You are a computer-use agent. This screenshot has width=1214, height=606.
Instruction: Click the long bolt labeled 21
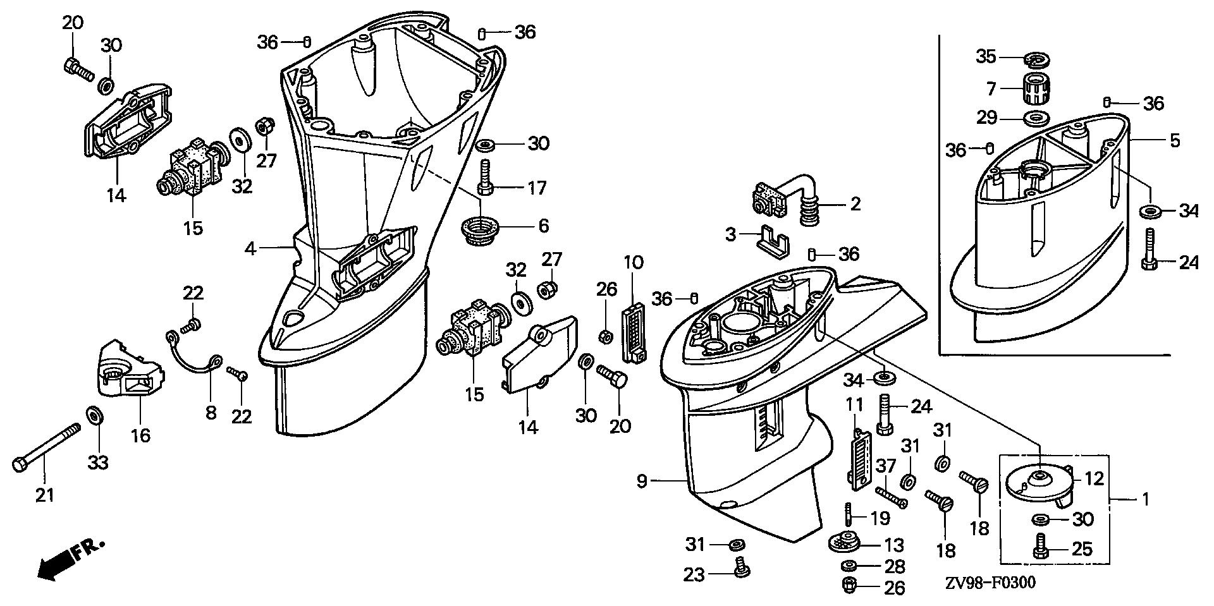pyautogui.click(x=47, y=447)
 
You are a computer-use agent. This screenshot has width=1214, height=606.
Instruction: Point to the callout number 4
pyautogui.click(x=251, y=249)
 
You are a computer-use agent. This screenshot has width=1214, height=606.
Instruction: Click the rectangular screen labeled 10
pyautogui.click(x=634, y=334)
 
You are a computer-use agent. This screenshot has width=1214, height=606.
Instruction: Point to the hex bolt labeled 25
pyautogui.click(x=1041, y=547)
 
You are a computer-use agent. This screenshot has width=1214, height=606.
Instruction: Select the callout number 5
pyautogui.click(x=1174, y=140)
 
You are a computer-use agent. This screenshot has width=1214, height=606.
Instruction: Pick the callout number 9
pyautogui.click(x=641, y=482)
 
